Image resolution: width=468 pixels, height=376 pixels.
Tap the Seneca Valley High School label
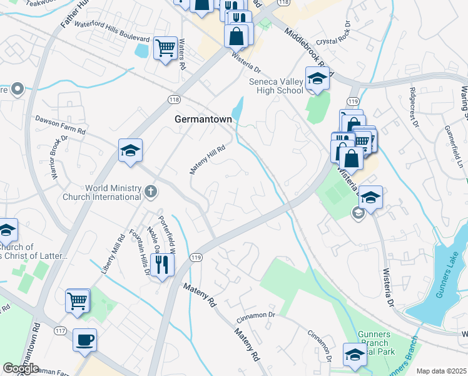pos(276,86)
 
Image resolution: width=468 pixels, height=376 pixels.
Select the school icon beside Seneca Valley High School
pos(317,80)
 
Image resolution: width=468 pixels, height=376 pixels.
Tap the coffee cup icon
pos(84,341)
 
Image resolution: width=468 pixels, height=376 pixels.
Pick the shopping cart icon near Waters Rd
pos(165,47)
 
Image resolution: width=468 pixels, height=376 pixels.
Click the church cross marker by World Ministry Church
pos(150,191)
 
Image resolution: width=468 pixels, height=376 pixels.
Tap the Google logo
pos(20,368)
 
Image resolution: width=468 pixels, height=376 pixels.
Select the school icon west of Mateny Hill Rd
pos(131,150)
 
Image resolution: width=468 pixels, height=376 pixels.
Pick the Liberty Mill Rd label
pos(113,254)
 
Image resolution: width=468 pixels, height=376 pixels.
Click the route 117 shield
pos(60,331)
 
